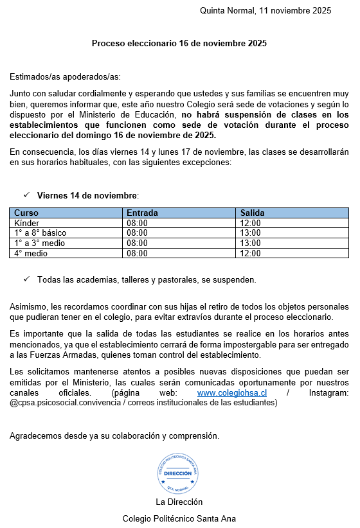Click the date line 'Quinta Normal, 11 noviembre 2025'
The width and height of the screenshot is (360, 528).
click(x=265, y=10)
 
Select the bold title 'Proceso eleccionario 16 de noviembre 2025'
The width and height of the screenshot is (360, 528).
click(x=179, y=44)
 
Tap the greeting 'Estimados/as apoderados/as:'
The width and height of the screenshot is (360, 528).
click(x=65, y=77)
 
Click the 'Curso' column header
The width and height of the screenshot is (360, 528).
click(x=26, y=213)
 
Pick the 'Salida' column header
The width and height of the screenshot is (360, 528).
click(x=252, y=213)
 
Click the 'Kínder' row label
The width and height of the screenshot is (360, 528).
click(x=27, y=223)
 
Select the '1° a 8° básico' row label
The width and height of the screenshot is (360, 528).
click(x=40, y=233)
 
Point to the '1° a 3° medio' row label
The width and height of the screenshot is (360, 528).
click(x=39, y=243)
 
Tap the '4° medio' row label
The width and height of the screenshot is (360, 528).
click(x=31, y=253)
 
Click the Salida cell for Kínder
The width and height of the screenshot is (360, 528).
click(x=251, y=223)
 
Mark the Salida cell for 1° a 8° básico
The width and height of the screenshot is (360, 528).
click(x=251, y=233)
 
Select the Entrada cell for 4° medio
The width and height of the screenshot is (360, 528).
click(x=138, y=253)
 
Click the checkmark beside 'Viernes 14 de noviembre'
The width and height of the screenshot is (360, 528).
click(x=27, y=195)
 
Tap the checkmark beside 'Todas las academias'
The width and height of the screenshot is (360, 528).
click(x=27, y=279)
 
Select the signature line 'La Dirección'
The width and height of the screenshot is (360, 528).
click(x=179, y=502)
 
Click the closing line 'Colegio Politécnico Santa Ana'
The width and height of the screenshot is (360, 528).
click(x=179, y=518)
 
